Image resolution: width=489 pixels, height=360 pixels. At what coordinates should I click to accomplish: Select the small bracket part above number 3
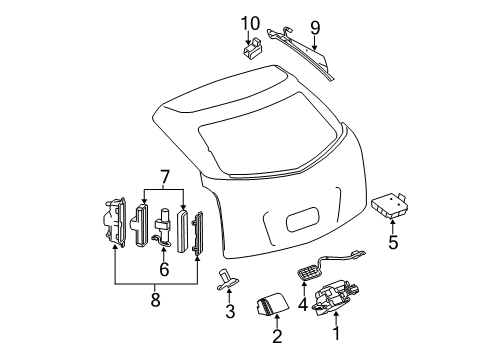[x=227, y=280]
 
